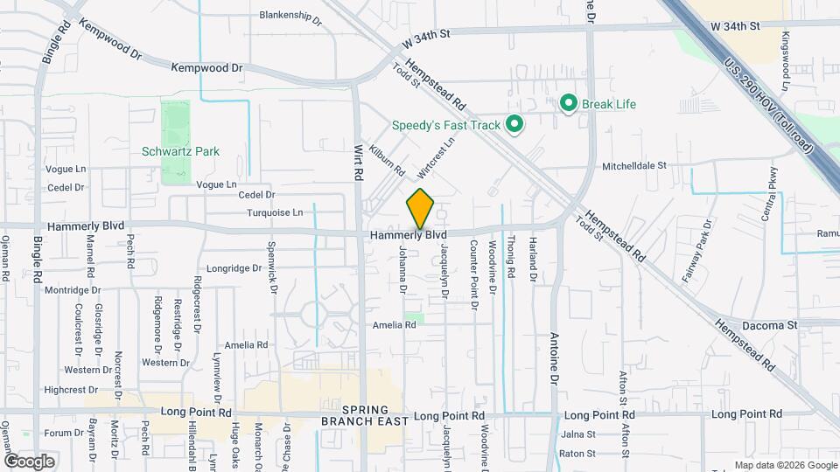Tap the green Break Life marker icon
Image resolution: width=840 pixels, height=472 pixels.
coord(568,104)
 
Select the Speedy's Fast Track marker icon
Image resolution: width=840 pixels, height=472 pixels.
coord(514,125)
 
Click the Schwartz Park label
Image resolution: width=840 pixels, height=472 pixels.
coord(180,151)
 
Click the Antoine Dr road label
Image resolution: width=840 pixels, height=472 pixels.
coord(554,358)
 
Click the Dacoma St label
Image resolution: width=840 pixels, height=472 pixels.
coord(769,324)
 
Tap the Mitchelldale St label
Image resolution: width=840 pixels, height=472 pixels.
coord(634,165)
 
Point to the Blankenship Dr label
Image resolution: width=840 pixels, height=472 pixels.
coord(291,15)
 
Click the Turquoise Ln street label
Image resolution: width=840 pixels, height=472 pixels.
coord(273,212)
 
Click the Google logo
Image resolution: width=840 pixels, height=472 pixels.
coord(29,461)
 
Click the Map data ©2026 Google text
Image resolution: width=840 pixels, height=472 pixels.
coord(784,465)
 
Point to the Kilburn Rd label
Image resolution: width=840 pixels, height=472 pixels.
coord(386,158)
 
